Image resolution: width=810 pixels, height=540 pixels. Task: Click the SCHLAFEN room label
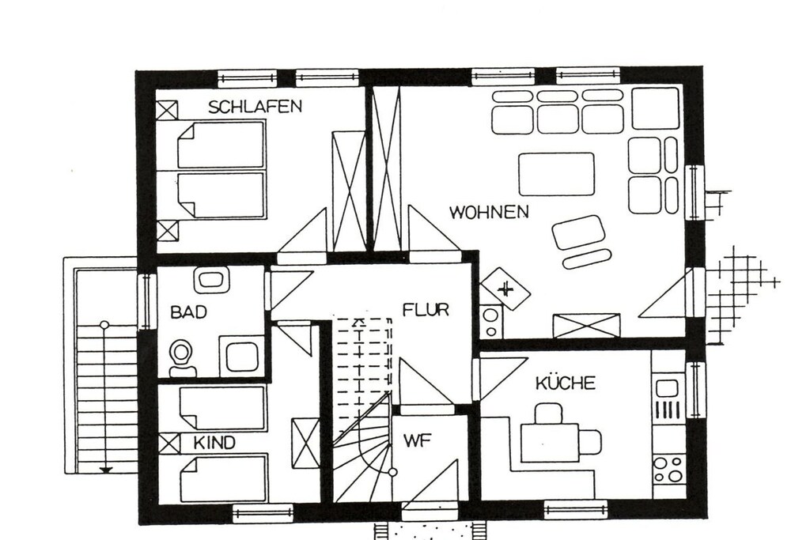click(255, 107)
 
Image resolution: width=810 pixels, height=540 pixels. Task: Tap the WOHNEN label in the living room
click(489, 212)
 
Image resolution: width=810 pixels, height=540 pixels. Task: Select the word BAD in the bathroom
click(188, 312)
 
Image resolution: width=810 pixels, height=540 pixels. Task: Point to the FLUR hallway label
click(426, 310)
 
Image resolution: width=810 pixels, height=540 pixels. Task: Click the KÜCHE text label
click(565, 383)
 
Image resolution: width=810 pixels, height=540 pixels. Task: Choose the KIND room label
click(214, 443)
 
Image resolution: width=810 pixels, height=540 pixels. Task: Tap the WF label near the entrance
click(417, 441)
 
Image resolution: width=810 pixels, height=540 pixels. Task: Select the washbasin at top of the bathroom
click(212, 278)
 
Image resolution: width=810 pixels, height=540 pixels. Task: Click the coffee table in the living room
click(556, 174)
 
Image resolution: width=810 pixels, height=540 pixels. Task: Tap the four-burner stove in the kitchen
click(669, 470)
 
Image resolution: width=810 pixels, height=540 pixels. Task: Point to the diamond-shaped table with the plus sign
click(505, 289)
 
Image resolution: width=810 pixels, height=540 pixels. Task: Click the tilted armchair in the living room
click(578, 232)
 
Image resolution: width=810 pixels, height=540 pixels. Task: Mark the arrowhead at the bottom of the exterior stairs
click(105, 470)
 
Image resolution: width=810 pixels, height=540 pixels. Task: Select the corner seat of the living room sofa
click(656, 108)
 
